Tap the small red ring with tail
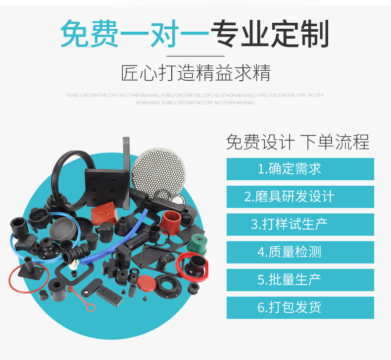[87, 303]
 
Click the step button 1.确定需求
[300, 169]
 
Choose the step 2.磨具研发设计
[300, 197]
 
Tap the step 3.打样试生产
[300, 224]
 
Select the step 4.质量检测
[300, 252]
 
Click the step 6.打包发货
[300, 307]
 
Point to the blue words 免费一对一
[135, 34]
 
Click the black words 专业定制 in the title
[270, 34]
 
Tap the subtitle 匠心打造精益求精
[195, 73]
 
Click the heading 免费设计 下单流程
[297, 142]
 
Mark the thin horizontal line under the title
[195, 56]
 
